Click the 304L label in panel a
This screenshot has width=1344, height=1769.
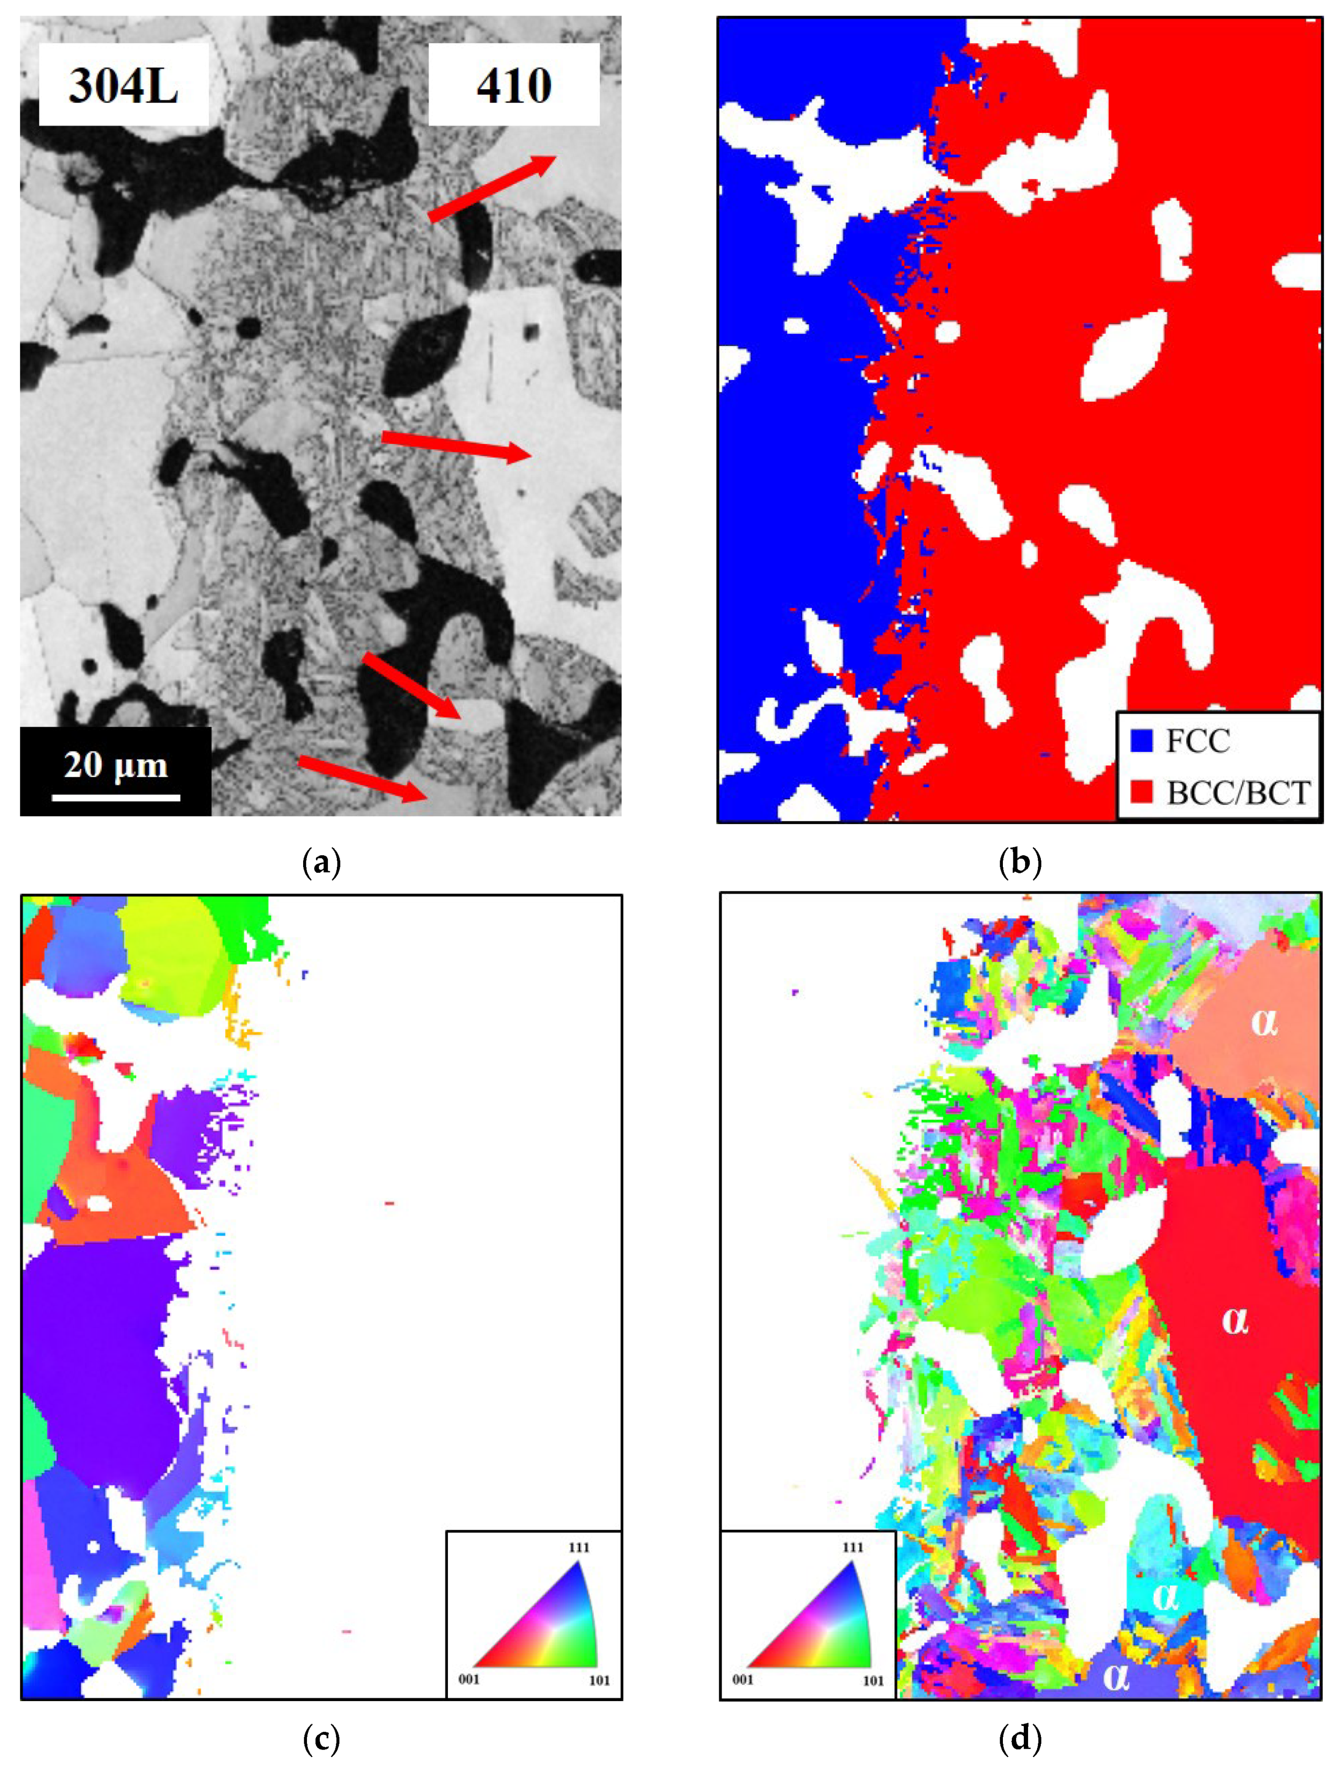click(123, 85)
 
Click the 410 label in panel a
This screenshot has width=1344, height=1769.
click(514, 85)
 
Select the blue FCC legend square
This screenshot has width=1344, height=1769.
click(1141, 741)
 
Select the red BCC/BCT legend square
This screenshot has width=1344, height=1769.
click(1141, 793)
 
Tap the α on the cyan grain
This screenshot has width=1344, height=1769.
click(1165, 1596)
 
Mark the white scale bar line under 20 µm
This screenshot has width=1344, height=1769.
click(116, 797)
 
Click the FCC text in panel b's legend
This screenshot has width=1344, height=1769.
click(1197, 741)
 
